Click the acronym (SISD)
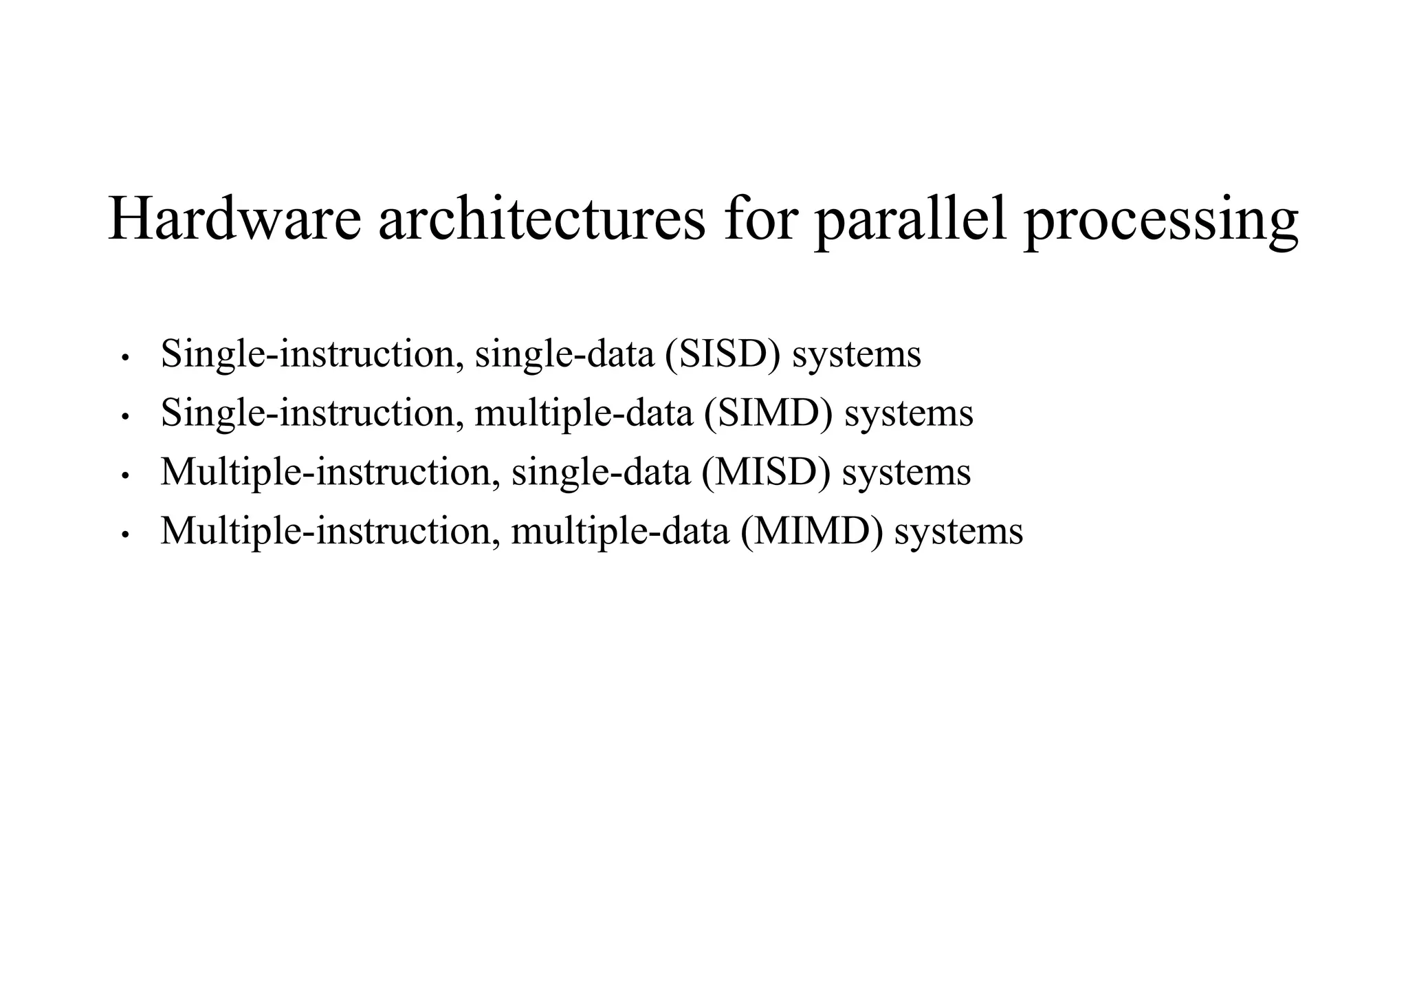tap(723, 354)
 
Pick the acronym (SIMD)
tap(768, 413)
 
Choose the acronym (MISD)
tap(766, 472)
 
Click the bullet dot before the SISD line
tap(124, 358)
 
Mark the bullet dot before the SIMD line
tap(124, 417)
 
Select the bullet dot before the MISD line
tap(124, 476)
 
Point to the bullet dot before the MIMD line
tap(124, 534)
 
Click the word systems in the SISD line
tap(857, 355)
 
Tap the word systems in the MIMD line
tap(958, 532)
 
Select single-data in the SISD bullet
tap(564, 355)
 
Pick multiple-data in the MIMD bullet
tap(620, 532)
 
